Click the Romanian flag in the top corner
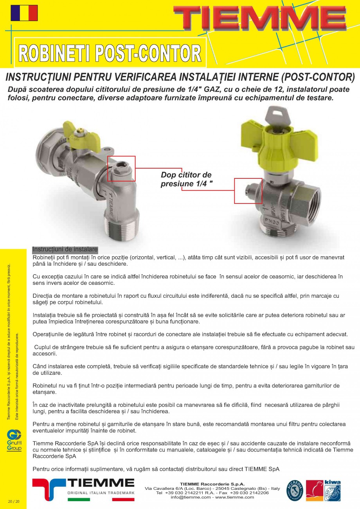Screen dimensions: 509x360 [24, 13]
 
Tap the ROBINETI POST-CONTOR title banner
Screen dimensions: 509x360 [110, 53]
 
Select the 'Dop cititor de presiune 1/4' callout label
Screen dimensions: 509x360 [186, 179]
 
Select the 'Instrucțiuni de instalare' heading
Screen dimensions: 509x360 [65, 249]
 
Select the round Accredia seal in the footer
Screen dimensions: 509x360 [294, 491]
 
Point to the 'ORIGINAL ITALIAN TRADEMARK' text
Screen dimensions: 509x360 [101, 493]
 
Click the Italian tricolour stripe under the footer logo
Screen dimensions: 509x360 [101, 499]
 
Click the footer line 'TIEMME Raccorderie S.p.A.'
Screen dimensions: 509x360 [212, 484]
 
